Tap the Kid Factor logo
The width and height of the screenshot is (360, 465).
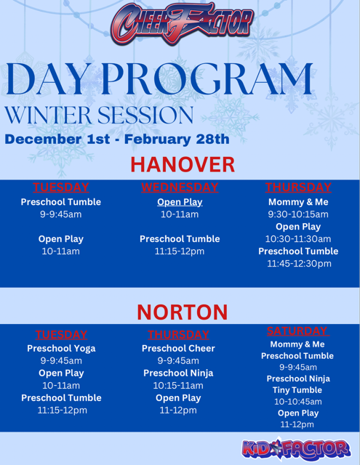point(296,448)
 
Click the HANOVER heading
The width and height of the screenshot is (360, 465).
point(183,163)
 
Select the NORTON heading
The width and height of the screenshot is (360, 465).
point(182,312)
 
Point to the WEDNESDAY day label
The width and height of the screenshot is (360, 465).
point(180,187)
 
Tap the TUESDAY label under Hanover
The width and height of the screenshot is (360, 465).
point(60,187)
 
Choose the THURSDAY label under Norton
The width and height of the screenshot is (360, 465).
point(179,335)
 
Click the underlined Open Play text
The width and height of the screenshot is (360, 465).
point(180,201)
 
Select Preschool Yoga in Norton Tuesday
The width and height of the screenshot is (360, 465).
point(61,348)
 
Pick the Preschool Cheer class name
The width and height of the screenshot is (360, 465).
point(179,348)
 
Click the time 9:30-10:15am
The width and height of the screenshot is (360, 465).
point(298,214)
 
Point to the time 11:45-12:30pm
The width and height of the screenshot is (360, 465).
point(298,263)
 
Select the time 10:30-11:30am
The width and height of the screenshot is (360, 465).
point(298,238)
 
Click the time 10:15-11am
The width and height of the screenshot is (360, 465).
point(179,385)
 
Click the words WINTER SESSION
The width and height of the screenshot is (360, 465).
point(99,115)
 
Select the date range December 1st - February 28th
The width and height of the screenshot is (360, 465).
point(116,139)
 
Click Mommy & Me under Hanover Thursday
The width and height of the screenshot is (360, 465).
point(298,202)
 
